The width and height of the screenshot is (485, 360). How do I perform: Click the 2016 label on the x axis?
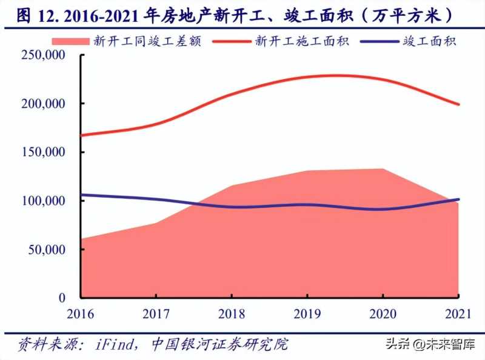point(81,314)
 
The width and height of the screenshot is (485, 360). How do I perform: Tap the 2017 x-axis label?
point(156,314)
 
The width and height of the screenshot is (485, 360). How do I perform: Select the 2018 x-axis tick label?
point(232,314)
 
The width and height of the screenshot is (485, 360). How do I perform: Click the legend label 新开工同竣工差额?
point(146,41)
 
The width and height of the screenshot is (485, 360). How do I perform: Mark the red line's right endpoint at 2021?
point(460,104)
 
